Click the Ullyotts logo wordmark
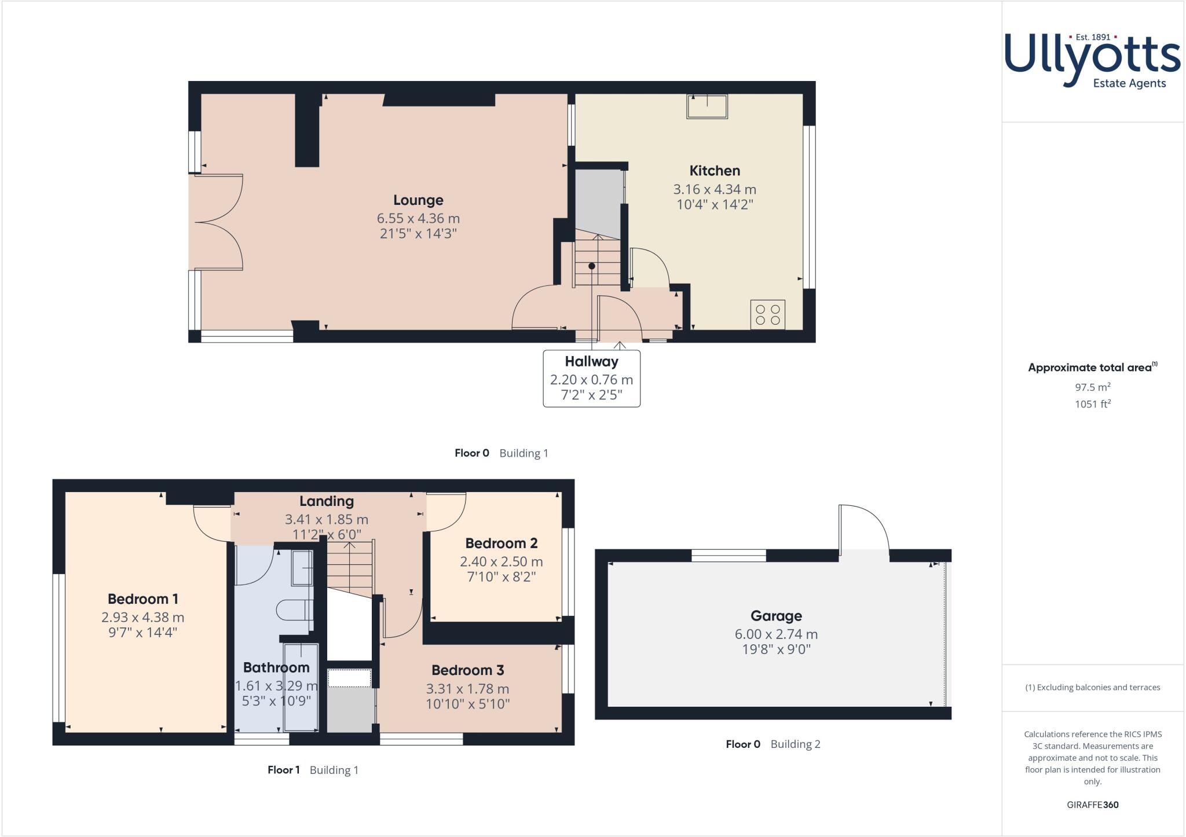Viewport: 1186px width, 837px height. tap(1092, 58)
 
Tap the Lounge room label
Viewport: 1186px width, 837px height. tap(418, 200)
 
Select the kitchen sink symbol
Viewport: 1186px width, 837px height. tap(707, 107)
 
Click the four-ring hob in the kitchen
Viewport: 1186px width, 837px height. tap(768, 314)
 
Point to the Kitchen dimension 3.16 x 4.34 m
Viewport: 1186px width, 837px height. tap(715, 189)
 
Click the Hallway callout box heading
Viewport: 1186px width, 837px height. tap(591, 362)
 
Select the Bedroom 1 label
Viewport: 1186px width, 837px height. tap(142, 599)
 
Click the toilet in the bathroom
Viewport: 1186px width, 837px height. tap(294, 610)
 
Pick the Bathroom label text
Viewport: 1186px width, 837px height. tap(276, 667)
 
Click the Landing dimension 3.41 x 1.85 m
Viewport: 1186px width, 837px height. tap(327, 520)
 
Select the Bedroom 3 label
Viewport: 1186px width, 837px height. tap(467, 670)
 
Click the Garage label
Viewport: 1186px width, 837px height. tap(776, 616)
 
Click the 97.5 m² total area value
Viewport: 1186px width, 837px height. tap(1092, 387)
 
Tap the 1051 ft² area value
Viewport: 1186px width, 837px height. tap(1092, 404)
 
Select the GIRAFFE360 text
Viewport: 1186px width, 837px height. tap(1092, 805)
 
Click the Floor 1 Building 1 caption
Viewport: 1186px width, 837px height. tap(313, 770)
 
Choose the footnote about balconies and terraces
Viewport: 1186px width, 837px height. tap(1092, 688)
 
